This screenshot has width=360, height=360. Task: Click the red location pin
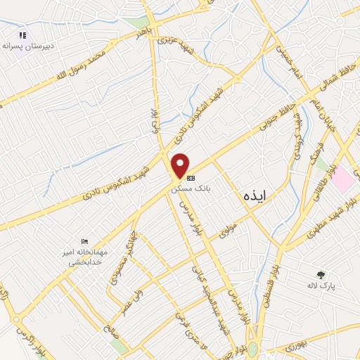[x=181, y=164]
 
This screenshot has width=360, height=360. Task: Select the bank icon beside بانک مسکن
[x=191, y=178]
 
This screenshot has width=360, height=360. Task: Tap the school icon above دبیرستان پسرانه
[x=22, y=34]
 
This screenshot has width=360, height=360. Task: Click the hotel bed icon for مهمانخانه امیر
[x=85, y=241]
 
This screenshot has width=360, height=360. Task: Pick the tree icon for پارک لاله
[x=321, y=275]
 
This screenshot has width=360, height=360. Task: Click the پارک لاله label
[x=323, y=286]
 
